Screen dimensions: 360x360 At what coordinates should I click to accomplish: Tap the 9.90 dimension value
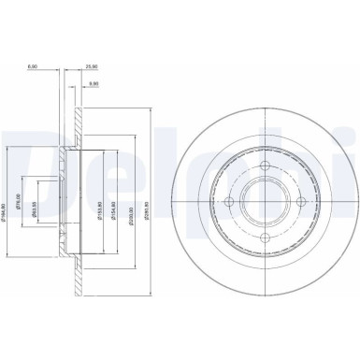94,85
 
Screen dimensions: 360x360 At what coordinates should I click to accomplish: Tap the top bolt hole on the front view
265,167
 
